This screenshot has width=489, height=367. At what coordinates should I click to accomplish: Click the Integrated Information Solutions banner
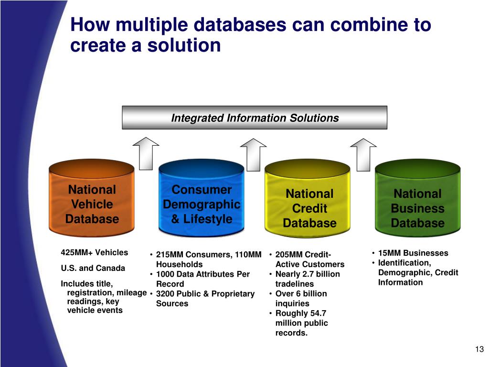[x=255, y=118]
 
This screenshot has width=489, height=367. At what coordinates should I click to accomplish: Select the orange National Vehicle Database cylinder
[x=92, y=201]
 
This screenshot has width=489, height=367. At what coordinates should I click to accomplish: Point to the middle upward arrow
[x=253, y=153]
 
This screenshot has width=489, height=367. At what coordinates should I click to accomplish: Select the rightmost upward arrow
[x=363, y=153]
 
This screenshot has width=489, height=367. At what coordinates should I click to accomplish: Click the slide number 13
[x=479, y=349]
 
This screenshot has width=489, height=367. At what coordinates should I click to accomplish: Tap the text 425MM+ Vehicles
[x=95, y=252]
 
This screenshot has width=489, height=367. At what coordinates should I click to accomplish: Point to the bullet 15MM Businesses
[x=413, y=253]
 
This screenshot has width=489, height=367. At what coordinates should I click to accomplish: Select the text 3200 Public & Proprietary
[x=205, y=293]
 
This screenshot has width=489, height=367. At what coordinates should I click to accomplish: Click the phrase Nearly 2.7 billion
[x=308, y=274]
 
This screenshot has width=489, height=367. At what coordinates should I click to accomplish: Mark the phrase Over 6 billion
[x=301, y=293]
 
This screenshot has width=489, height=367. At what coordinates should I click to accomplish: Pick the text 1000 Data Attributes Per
[x=203, y=274]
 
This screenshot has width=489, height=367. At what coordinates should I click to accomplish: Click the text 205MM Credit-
[x=303, y=254]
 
